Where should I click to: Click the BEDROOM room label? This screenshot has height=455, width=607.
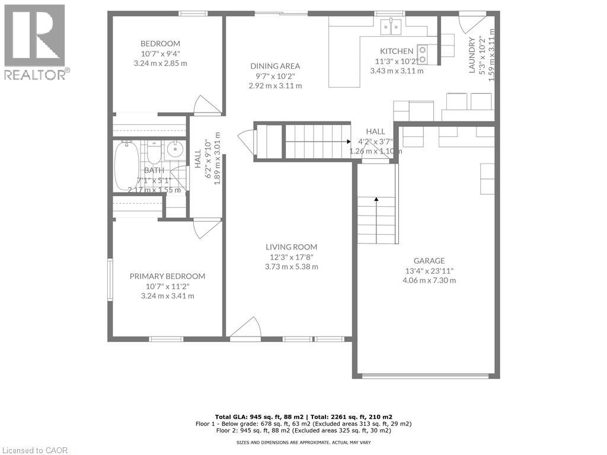[160, 43]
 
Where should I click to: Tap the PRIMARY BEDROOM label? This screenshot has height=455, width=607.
[167, 276]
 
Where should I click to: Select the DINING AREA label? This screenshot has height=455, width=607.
[275, 66]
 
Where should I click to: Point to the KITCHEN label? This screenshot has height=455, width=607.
[397, 51]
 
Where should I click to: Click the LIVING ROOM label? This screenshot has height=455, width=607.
[291, 247]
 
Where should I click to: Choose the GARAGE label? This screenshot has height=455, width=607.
[429, 261]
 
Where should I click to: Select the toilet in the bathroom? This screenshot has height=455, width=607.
[154, 153]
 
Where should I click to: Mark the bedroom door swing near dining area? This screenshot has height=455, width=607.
[207, 105]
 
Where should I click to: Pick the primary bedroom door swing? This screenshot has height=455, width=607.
[206, 228]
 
